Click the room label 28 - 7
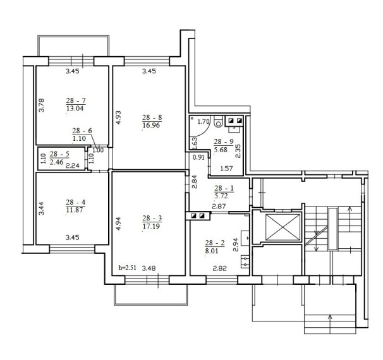coord(76,100)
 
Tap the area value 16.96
coord(151,126)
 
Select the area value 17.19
coord(151,226)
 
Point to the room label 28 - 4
coord(75,202)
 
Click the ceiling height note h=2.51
coord(127,268)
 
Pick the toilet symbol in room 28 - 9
coord(219,121)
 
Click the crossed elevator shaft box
coord(283,227)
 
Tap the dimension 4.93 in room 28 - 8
coord(118,117)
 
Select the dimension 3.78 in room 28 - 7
coord(42,105)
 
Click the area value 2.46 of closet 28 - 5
coord(56,162)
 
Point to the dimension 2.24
coord(73,165)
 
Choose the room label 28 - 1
coord(224,188)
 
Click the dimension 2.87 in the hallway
coord(219,207)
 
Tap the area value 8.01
coord(212,251)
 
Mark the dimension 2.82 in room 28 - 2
coord(220,268)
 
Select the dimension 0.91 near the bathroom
coord(198,157)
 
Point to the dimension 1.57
coord(226,169)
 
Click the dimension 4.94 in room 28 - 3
coord(118,224)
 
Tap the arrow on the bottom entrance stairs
coord(331,324)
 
